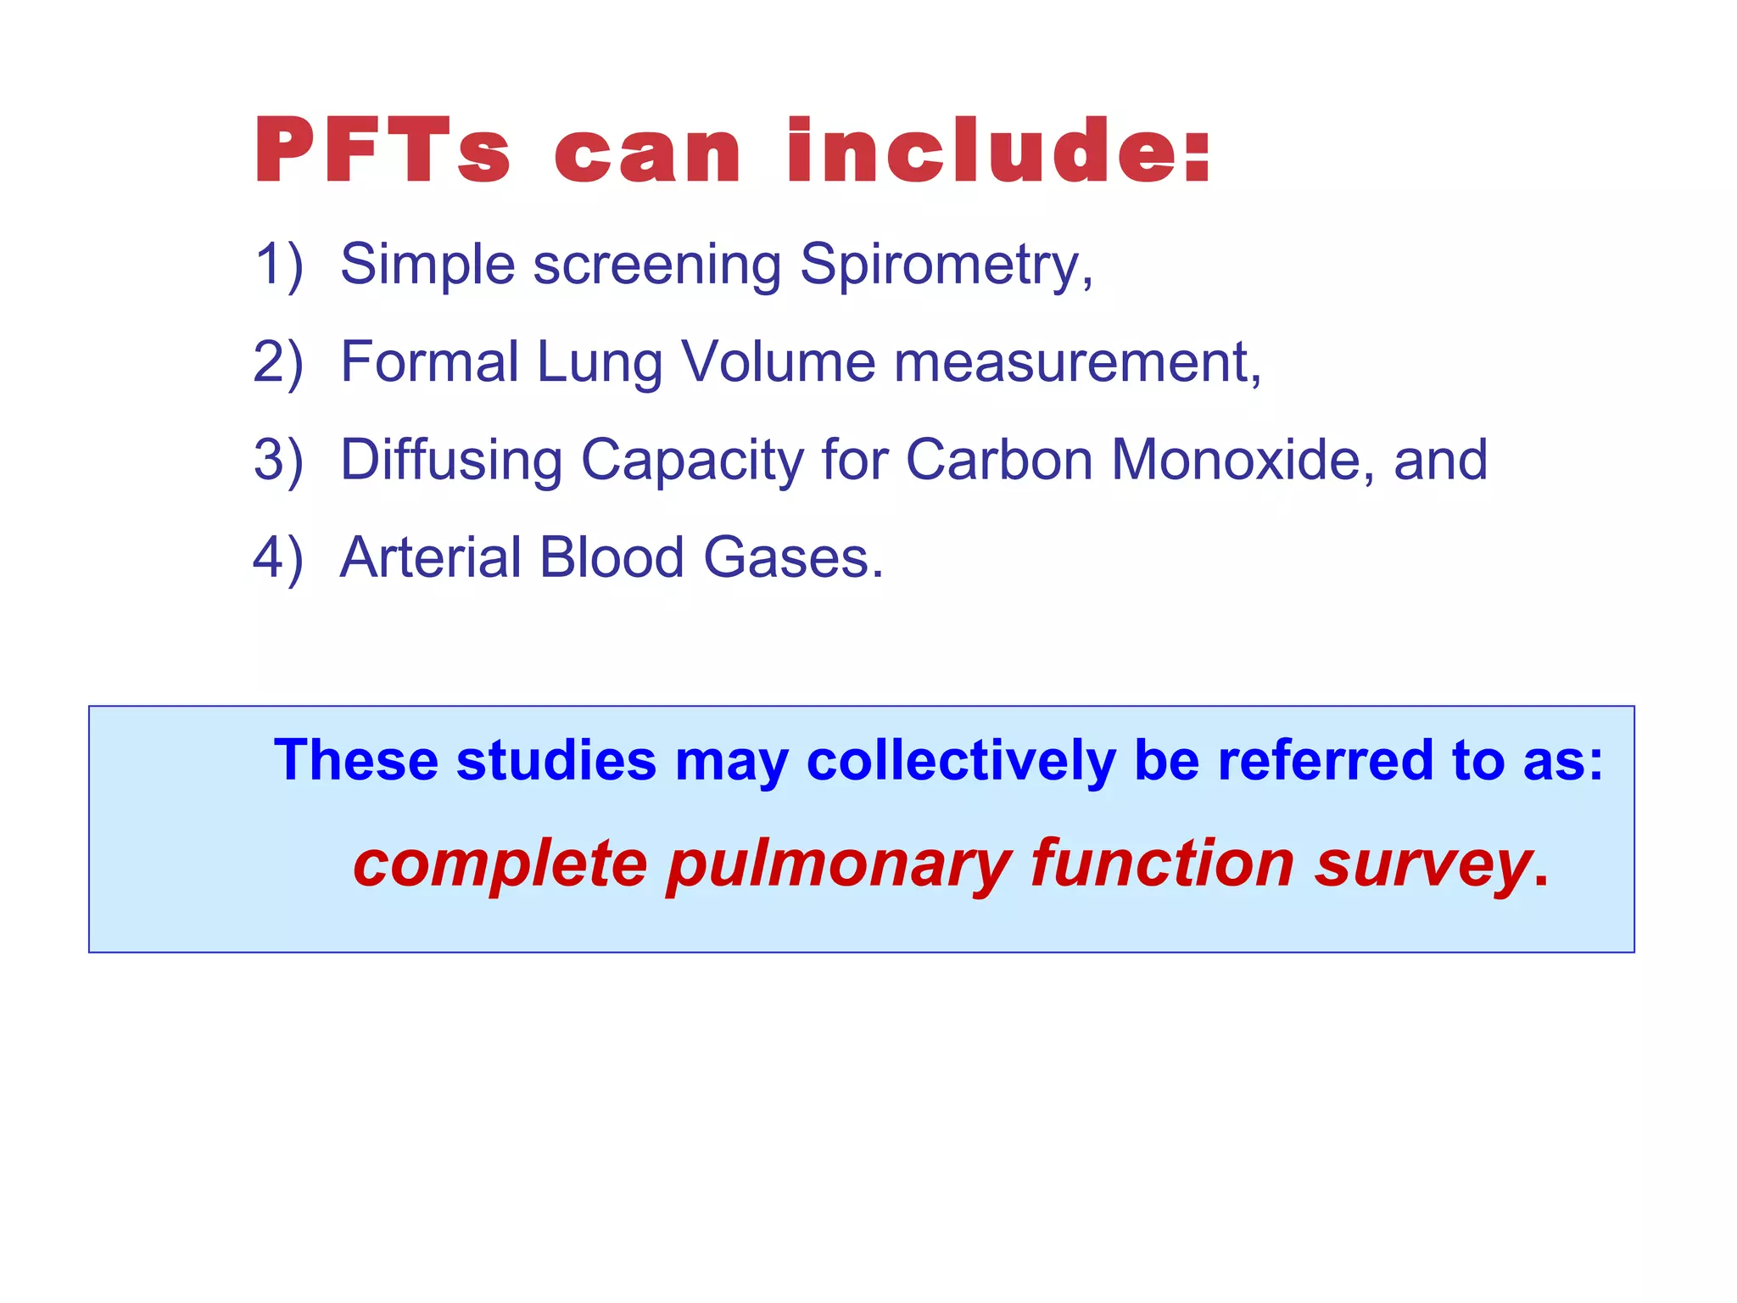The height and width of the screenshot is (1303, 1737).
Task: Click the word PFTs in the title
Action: [383, 152]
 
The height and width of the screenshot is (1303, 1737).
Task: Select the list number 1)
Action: [278, 265]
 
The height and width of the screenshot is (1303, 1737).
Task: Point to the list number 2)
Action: [278, 363]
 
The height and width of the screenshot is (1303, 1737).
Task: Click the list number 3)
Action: [278, 461]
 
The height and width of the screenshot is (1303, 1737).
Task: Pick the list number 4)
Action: [278, 559]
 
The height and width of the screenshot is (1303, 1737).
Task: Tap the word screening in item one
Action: [656, 266]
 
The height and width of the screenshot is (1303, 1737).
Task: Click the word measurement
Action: [1076, 363]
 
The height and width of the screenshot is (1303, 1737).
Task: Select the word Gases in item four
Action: [792, 558]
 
